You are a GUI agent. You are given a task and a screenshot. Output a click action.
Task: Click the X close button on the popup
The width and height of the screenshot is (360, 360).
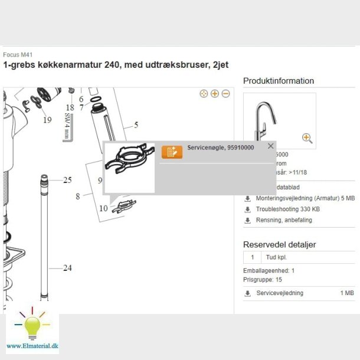[x=271, y=146]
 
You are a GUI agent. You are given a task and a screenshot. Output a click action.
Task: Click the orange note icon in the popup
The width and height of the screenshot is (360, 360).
[x=172, y=152]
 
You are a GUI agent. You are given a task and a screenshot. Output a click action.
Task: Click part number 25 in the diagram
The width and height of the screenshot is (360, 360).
[x=67, y=180]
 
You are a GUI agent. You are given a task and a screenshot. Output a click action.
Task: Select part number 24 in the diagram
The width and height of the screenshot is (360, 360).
[x=67, y=268]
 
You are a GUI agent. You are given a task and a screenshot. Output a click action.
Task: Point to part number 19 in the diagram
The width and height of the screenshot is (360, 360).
[x=47, y=119]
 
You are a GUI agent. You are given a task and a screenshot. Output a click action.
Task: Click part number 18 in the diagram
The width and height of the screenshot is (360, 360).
[x=70, y=107]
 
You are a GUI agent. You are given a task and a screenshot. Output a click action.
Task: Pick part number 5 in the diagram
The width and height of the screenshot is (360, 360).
[x=136, y=125]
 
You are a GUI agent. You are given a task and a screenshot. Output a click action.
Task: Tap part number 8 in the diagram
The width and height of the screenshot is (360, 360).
[x=77, y=196]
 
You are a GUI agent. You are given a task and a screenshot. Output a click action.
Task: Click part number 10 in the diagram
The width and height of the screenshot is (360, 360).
[x=103, y=208]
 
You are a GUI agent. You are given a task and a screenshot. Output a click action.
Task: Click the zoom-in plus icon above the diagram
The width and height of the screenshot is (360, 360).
[x=215, y=94]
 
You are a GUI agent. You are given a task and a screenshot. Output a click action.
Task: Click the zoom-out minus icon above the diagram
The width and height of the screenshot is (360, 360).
[x=225, y=94]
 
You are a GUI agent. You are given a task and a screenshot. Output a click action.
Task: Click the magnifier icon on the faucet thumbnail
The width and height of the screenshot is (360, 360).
[x=307, y=138]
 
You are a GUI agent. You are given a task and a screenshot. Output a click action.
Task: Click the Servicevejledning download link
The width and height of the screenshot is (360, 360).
[x=280, y=293]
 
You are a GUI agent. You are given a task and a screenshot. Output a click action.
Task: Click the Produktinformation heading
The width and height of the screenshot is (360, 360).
[x=279, y=81]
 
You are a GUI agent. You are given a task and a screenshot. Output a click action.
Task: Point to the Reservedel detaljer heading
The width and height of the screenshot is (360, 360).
[x=280, y=244]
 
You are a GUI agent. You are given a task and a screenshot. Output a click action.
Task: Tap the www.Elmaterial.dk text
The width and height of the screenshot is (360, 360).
[x=32, y=345]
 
